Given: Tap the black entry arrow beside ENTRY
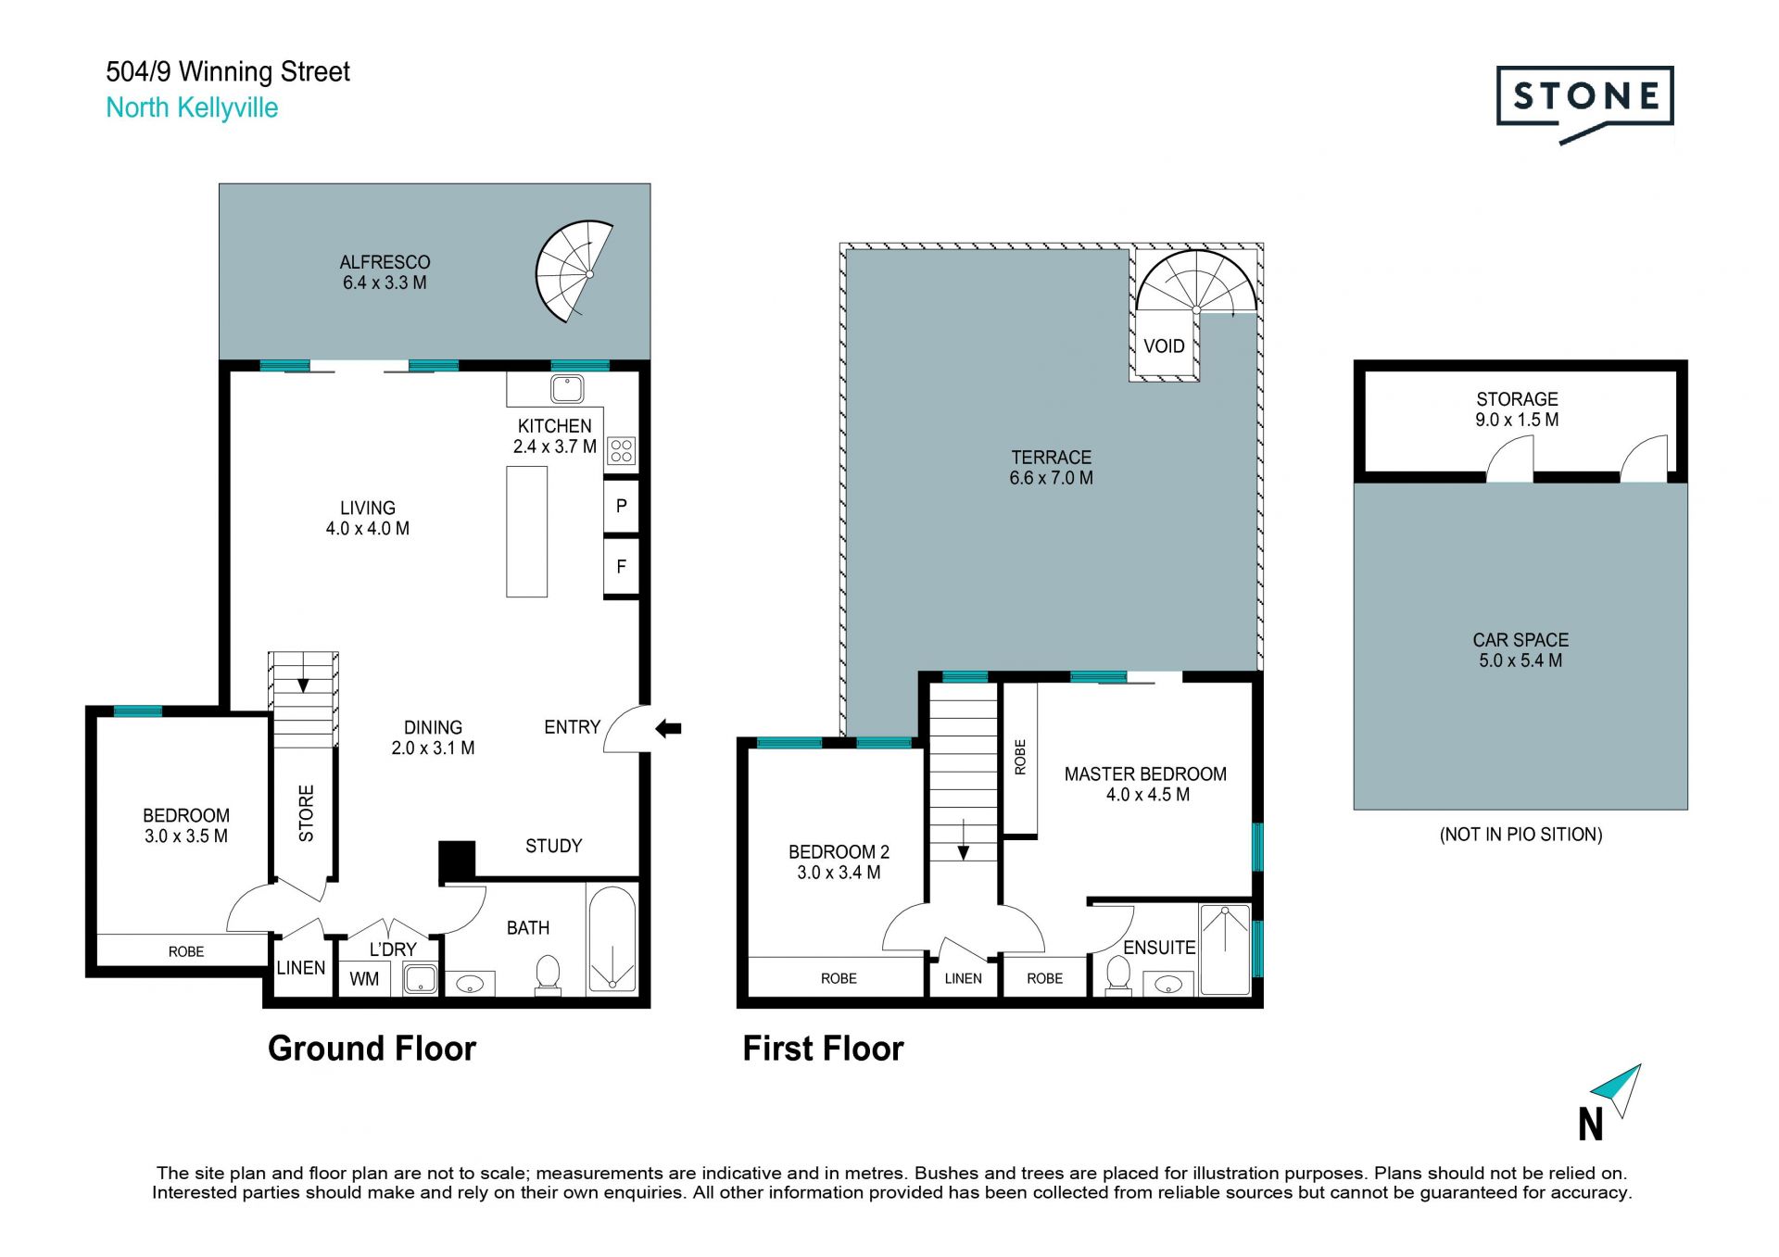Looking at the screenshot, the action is pyautogui.click(x=668, y=728).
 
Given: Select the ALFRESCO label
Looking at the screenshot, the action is pyautogui.click(x=385, y=262).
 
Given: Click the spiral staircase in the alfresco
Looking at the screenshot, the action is pyautogui.click(x=574, y=271).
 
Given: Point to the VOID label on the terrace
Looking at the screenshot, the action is pyautogui.click(x=1164, y=346).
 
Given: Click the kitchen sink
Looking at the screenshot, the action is pyautogui.click(x=567, y=388).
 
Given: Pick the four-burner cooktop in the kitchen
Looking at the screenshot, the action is pyautogui.click(x=622, y=451).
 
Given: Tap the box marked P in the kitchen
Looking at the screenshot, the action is pyautogui.click(x=621, y=506).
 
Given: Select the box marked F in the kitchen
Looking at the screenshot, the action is pyautogui.click(x=621, y=566).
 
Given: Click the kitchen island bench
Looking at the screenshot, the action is pyautogui.click(x=526, y=532).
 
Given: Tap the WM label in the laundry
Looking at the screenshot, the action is pyautogui.click(x=364, y=979).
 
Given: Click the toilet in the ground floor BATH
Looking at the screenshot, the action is pyautogui.click(x=548, y=975).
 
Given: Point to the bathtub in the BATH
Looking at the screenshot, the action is pyautogui.click(x=611, y=938).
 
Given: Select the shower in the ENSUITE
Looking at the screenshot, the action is pyautogui.click(x=1225, y=949).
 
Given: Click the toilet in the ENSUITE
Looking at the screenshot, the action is pyautogui.click(x=1118, y=976).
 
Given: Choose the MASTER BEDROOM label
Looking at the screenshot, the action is pyautogui.click(x=1145, y=774).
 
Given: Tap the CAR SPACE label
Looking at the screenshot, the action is pyautogui.click(x=1520, y=640).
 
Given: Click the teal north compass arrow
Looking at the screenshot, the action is pyautogui.click(x=1618, y=1090).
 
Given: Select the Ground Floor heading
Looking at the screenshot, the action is pyautogui.click(x=372, y=1049).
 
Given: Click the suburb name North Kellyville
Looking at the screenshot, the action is pyautogui.click(x=192, y=107).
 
